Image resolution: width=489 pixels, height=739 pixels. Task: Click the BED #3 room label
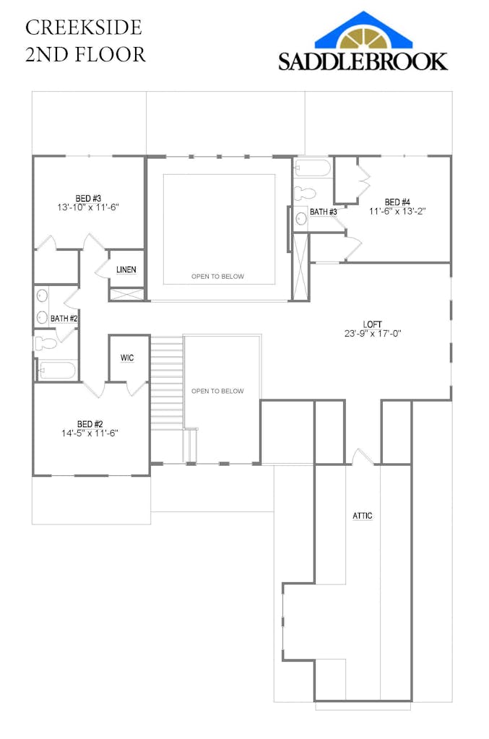[87, 197]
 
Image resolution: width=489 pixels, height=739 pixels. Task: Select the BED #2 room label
[90, 423]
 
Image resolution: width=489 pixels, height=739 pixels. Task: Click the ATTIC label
[363, 516]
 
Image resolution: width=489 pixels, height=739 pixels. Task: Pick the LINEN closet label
[126, 269]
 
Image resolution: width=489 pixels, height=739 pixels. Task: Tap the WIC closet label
[127, 358]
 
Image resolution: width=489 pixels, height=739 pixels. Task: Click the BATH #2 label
[64, 319]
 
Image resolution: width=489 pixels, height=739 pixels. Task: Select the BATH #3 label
[324, 212]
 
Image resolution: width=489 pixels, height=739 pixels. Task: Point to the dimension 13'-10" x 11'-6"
[87, 207]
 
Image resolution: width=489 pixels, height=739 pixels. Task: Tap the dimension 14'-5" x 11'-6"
[90, 433]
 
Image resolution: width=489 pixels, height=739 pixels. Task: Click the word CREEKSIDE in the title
[83, 27]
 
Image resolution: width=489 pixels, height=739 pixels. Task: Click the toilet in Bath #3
[306, 194]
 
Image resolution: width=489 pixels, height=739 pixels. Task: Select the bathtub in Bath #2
[56, 371]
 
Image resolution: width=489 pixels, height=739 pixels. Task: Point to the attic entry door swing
[361, 457]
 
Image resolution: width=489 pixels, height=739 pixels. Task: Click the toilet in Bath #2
[45, 343]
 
